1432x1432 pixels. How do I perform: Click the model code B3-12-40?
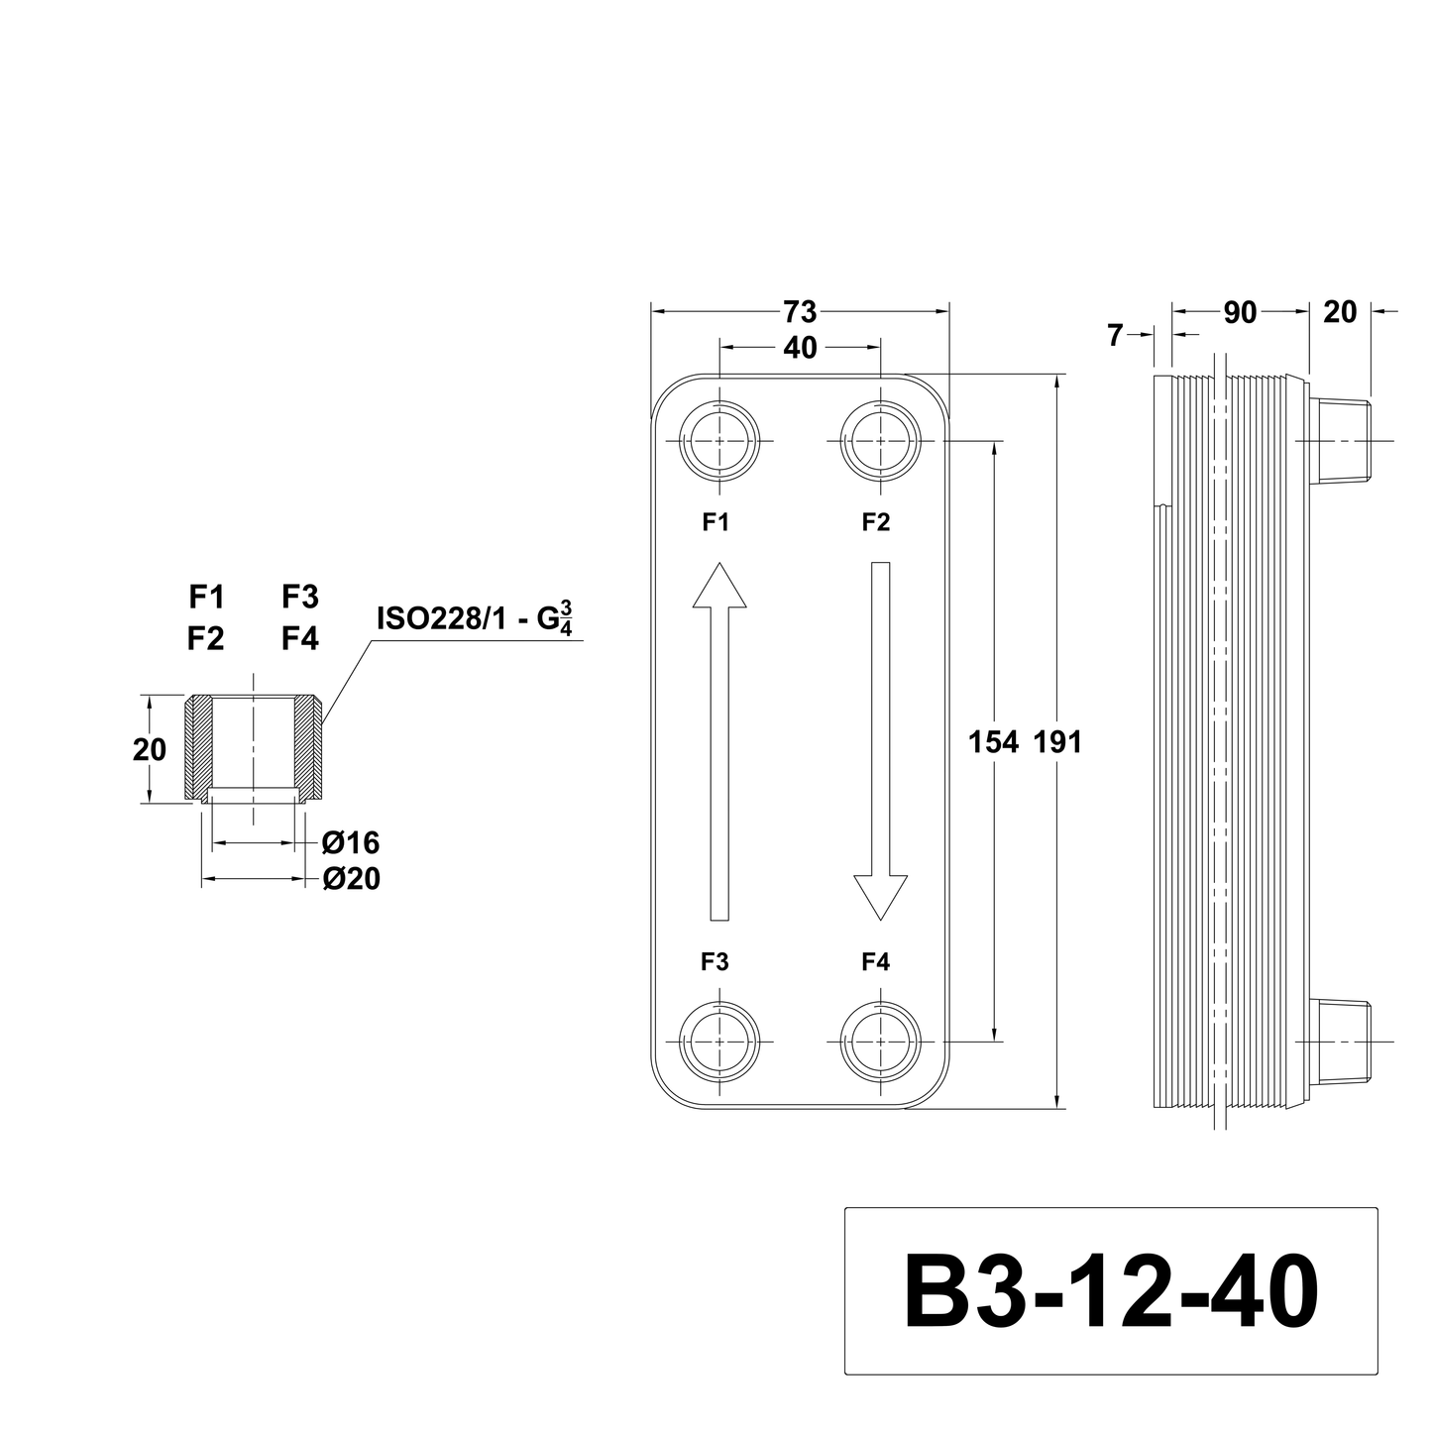coord(1111,1291)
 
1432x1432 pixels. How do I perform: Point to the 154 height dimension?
coord(993,741)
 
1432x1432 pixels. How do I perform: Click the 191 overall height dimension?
coord(1058,741)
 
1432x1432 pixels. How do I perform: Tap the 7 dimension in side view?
coord(1115,336)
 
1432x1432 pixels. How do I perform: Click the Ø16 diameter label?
coord(351,842)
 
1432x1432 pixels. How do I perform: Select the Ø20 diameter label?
coord(352,879)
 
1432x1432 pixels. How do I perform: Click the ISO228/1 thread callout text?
coord(475,618)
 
